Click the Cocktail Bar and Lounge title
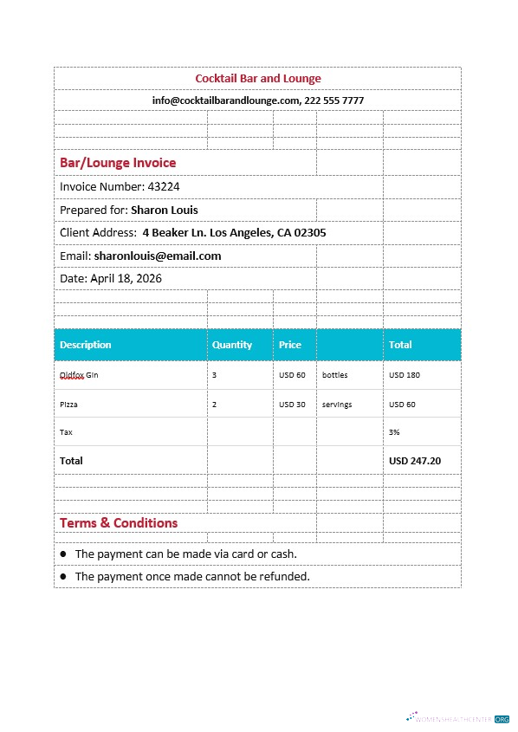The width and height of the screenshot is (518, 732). pyautogui.click(x=257, y=79)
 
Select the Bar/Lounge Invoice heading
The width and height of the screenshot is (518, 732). pyautogui.click(x=117, y=163)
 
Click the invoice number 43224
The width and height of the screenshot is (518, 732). pyautogui.click(x=164, y=186)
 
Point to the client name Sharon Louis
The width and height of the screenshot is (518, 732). pyautogui.click(x=164, y=210)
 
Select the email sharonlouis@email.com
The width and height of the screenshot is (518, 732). pyautogui.click(x=157, y=256)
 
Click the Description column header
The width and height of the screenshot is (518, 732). pyautogui.click(x=85, y=345)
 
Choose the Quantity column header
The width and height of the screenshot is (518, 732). pyautogui.click(x=232, y=345)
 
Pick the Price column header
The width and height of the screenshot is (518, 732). pyautogui.click(x=290, y=345)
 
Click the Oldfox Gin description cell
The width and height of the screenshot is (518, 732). pyautogui.click(x=79, y=375)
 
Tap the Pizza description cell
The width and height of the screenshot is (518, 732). pyautogui.click(x=68, y=405)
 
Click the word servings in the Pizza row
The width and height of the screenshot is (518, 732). pyautogui.click(x=337, y=405)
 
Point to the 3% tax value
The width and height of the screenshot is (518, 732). pyautogui.click(x=394, y=431)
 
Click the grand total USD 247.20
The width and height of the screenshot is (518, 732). pyautogui.click(x=415, y=461)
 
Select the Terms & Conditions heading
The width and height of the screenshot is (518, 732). pyautogui.click(x=118, y=523)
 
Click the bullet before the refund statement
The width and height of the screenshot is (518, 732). pyautogui.click(x=63, y=577)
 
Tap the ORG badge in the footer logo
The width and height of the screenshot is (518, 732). pyautogui.click(x=502, y=718)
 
